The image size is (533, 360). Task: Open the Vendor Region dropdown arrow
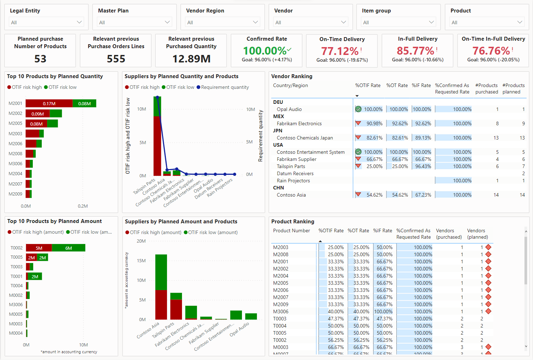(255, 22)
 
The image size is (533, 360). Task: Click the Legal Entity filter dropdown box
(46, 22)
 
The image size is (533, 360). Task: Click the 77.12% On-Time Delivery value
(340, 51)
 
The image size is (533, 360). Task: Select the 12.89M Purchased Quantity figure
(191, 59)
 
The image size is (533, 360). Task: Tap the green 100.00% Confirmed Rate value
(265, 51)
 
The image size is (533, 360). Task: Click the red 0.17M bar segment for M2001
(49, 103)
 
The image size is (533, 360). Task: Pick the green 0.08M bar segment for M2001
(85, 103)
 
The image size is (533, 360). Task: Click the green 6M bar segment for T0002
(68, 248)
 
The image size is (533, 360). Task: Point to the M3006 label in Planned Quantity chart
(15, 164)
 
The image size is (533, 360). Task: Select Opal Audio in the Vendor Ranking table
(289, 110)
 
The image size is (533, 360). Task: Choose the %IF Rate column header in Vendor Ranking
(421, 86)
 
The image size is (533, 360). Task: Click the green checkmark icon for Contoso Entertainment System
(359, 152)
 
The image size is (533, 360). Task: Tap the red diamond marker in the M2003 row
(488, 247)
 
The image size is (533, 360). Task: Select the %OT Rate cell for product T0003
(361, 319)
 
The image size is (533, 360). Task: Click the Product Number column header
(291, 231)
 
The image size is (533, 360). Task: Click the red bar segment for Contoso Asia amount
(161, 305)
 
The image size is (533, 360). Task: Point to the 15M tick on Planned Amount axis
(141, 261)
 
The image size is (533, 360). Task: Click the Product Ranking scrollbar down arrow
(526, 346)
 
